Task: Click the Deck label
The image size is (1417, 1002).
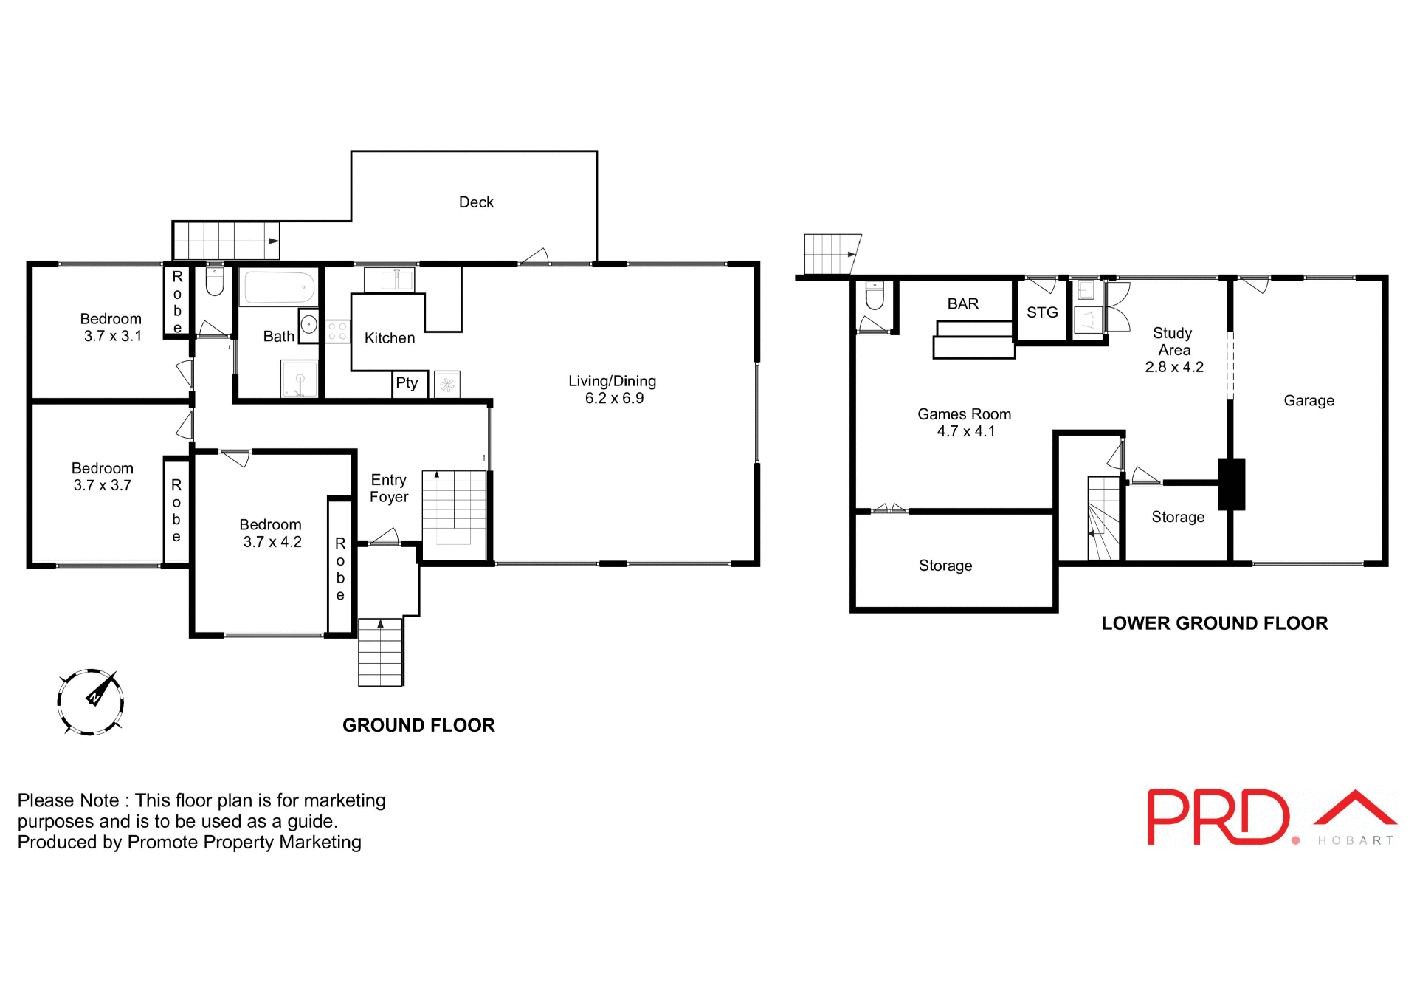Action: tap(476, 202)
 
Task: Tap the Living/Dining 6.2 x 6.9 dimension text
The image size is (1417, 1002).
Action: tap(614, 399)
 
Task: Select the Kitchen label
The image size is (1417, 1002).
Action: tap(390, 338)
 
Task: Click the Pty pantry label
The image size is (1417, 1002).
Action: tap(407, 383)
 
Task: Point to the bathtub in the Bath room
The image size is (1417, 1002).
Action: tap(279, 287)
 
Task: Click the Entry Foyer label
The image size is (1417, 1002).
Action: tap(389, 489)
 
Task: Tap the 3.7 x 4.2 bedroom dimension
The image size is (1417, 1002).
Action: tap(272, 542)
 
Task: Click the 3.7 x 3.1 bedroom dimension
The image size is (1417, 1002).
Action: tap(112, 336)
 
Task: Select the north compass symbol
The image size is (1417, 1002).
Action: tap(91, 701)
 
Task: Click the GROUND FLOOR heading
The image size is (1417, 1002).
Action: tap(418, 725)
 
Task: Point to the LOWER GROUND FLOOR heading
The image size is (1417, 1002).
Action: tap(1214, 623)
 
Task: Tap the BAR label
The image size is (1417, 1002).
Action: tap(962, 304)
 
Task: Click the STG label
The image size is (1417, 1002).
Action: tap(1042, 312)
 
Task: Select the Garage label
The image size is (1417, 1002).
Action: tap(1309, 401)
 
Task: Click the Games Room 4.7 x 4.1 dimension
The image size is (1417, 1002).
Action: tap(965, 431)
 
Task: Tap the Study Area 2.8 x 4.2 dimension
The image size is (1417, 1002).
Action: tap(1173, 367)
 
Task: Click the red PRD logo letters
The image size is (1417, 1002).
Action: tap(1218, 817)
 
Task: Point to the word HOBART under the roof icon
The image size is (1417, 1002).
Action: tap(1355, 840)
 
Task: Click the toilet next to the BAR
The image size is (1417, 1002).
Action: tap(875, 295)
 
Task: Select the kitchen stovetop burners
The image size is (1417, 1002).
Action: tap(337, 332)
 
